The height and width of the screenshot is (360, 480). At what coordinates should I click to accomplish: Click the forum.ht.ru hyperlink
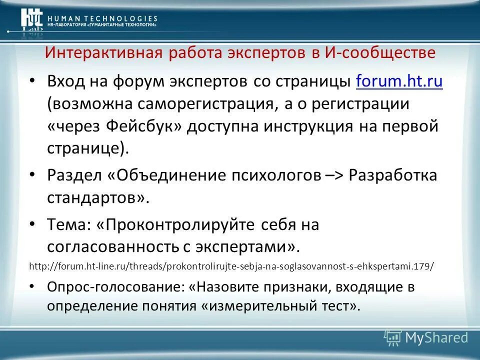pyautogui.click(x=399, y=81)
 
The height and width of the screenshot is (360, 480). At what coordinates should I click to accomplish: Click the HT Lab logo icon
pyautogui.click(x=31, y=19)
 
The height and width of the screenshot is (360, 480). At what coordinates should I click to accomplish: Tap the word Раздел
pyautogui.click(x=74, y=175)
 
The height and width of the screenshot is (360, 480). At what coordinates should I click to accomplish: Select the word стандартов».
pyautogui.click(x=98, y=197)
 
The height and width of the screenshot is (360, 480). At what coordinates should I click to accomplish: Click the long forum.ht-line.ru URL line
pyautogui.click(x=231, y=266)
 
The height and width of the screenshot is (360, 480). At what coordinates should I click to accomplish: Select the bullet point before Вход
pyautogui.click(x=33, y=81)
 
